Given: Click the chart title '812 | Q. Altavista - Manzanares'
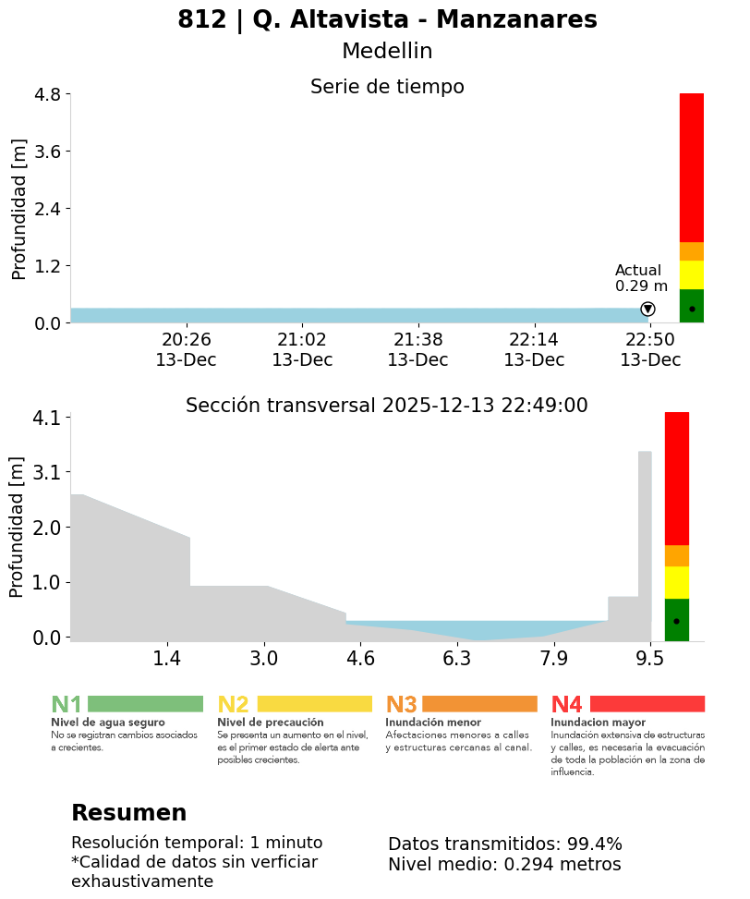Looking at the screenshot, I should [387, 20].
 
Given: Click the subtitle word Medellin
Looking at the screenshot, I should [387, 52].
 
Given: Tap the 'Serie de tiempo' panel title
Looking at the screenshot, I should [387, 87].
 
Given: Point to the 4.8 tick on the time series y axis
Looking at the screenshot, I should [47, 94].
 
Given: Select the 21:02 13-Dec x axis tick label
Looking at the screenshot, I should [302, 350].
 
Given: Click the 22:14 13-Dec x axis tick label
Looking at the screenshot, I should [534, 350].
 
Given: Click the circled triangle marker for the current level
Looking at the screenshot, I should [647, 309].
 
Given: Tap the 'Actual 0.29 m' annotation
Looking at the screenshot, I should [640, 278].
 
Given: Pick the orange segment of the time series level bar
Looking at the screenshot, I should [691, 251].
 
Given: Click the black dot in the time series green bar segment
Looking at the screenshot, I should [692, 309].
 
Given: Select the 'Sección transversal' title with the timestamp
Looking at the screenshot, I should [387, 406].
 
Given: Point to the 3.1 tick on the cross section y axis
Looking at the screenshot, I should [46, 472].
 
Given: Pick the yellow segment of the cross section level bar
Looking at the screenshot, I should [677, 582].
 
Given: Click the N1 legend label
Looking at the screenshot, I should [67, 705].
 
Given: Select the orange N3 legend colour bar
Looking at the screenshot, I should [479, 704].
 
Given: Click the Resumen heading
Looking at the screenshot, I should [128, 813].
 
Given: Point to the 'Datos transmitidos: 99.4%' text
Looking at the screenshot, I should [505, 844].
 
